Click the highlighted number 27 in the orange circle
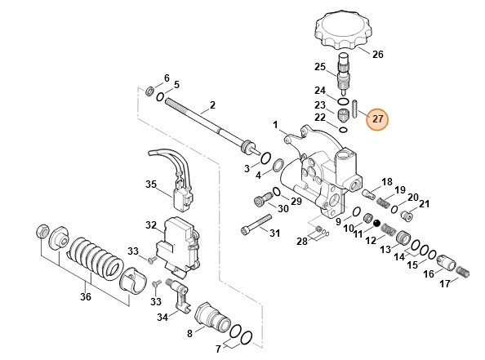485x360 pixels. (x=377, y=119)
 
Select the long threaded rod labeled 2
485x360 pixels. (x=204, y=123)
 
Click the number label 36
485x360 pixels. (x=86, y=297)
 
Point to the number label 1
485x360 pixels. (x=275, y=126)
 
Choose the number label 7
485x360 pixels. (x=218, y=349)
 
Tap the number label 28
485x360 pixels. (x=301, y=241)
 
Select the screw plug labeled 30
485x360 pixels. (x=260, y=198)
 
